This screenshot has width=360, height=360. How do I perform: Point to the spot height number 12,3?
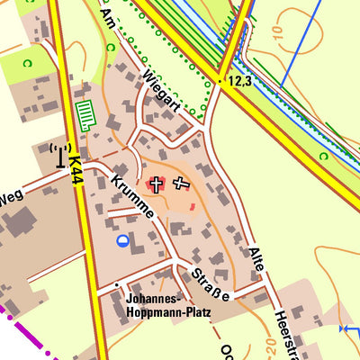click(x=240, y=81)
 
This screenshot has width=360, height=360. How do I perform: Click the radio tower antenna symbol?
click(x=60, y=155)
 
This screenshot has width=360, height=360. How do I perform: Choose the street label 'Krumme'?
click(x=130, y=196)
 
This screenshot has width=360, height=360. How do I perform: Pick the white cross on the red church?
click(x=156, y=184)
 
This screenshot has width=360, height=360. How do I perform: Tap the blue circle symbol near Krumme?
click(x=122, y=240)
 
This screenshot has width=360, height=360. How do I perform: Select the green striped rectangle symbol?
click(x=85, y=116)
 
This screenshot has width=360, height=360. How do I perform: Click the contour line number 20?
click(x=269, y=344)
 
